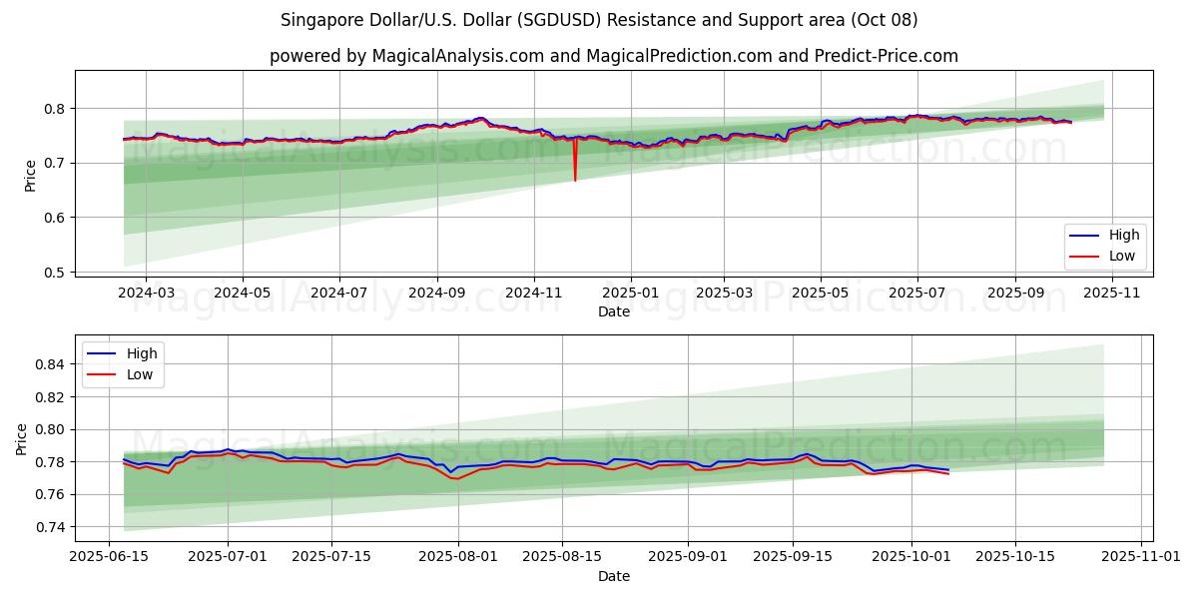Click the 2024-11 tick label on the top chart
pyautogui.click(x=533, y=294)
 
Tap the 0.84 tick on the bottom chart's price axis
pyautogui.click(x=47, y=365)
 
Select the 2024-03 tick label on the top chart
pyautogui.click(x=146, y=294)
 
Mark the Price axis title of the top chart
pyautogui.click(x=30, y=176)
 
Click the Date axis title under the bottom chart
pyautogui.click(x=614, y=576)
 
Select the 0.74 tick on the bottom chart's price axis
pyautogui.click(x=47, y=527)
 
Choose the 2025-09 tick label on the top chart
pyautogui.click(x=1014, y=294)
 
